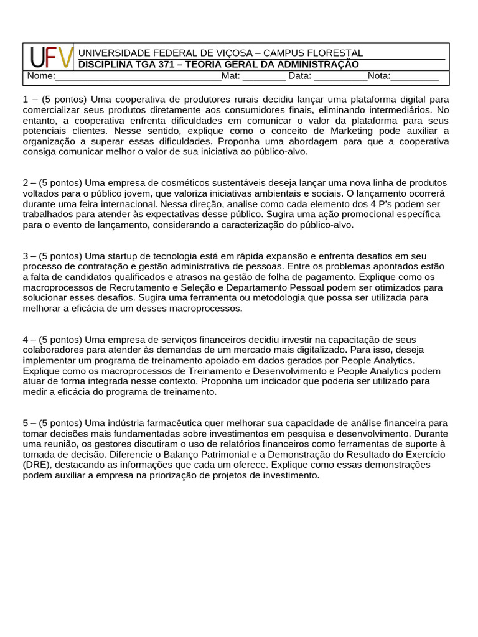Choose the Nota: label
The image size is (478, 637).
click(x=379, y=76)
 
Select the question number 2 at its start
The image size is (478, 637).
click(x=26, y=183)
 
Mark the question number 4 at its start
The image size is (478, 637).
click(x=26, y=339)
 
